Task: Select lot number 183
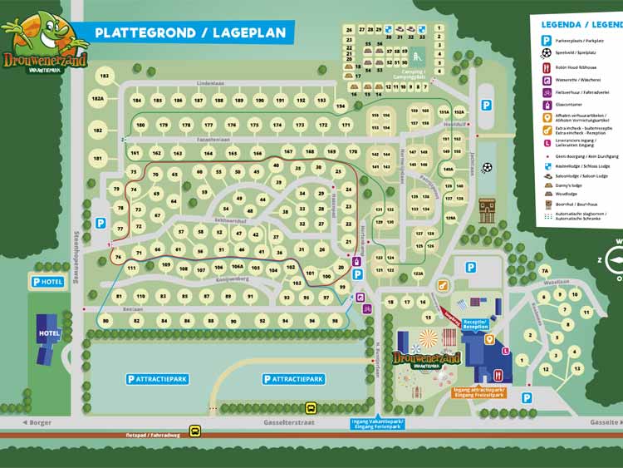click(105, 76)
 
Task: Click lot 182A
click(98, 99)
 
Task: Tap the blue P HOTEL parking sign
click(47, 282)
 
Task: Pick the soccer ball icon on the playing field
click(486, 168)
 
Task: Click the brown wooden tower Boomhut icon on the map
click(487, 209)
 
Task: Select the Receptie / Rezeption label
click(476, 324)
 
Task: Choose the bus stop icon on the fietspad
click(194, 431)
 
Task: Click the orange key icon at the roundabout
click(489, 338)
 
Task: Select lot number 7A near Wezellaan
click(545, 271)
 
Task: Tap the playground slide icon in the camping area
click(416, 57)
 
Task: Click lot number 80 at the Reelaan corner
click(105, 320)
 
